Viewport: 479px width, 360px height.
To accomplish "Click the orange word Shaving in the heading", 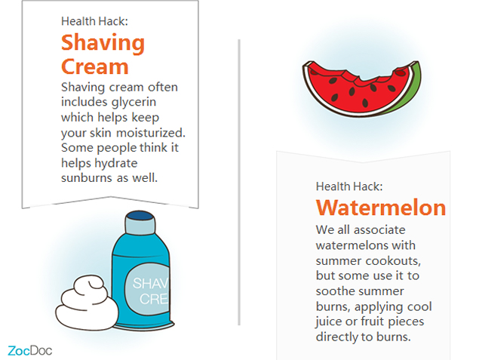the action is (103, 44).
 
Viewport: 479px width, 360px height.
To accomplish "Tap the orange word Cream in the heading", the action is (95, 66).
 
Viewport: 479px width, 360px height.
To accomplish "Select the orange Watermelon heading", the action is (381, 208).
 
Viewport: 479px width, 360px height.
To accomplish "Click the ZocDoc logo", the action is (30, 350).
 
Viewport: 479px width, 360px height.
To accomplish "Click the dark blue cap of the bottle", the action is (140, 216).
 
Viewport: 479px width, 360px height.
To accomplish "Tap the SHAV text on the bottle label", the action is (150, 283).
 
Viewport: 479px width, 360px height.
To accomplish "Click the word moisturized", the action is (151, 133).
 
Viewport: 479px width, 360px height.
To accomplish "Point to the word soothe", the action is (335, 291).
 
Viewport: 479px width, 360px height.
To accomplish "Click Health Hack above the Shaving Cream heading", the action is (94, 21).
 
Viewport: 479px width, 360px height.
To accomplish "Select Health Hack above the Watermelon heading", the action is (349, 186).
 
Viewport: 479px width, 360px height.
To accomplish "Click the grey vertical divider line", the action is (239, 182).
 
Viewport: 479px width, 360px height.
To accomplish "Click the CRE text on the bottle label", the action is (154, 299).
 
